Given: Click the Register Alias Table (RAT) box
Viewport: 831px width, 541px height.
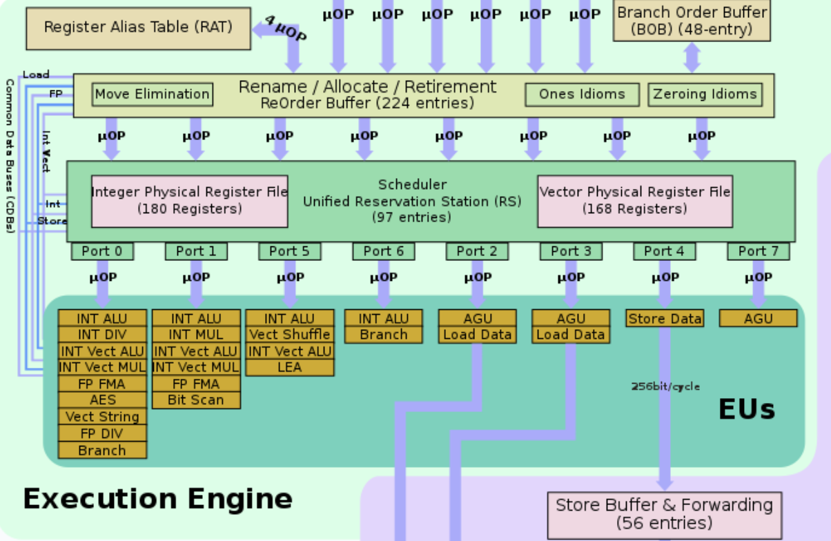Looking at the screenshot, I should pyautogui.click(x=138, y=28).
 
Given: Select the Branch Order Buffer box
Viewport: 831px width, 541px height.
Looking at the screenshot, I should pyautogui.click(x=692, y=21).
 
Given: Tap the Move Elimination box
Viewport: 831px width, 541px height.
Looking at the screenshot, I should pyautogui.click(x=152, y=95).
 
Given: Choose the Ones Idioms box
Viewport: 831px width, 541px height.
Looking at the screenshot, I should pyautogui.click(x=581, y=95).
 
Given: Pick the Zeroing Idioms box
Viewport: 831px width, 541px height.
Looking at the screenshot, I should pyautogui.click(x=705, y=95).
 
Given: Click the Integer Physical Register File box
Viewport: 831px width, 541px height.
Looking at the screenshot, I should pyautogui.click(x=190, y=200).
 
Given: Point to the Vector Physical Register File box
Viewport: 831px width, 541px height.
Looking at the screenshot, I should pyautogui.click(x=635, y=200).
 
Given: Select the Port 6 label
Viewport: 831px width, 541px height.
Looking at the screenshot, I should pyautogui.click(x=383, y=251).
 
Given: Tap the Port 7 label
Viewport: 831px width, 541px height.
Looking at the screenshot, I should pyautogui.click(x=758, y=251).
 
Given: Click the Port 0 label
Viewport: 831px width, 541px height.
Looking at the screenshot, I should pyautogui.click(x=102, y=251).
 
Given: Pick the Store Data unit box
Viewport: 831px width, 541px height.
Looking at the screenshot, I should pyautogui.click(x=665, y=318).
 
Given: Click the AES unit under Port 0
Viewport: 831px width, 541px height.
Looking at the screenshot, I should pyautogui.click(x=102, y=400).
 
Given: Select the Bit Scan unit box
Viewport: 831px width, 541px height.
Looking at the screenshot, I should pyautogui.click(x=196, y=400).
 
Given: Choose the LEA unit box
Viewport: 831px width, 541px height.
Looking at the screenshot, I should pyautogui.click(x=290, y=367).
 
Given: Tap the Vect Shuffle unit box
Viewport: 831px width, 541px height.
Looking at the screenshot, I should pyautogui.click(x=290, y=335).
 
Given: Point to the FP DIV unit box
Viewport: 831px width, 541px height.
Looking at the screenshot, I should pyautogui.click(x=102, y=433).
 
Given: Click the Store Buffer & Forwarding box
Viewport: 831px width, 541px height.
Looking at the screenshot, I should pyautogui.click(x=664, y=513).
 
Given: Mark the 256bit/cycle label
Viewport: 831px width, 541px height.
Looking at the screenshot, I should pyautogui.click(x=665, y=386).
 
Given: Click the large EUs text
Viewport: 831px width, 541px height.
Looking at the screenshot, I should pyautogui.click(x=746, y=410).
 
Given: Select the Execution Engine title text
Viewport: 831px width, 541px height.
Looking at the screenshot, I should pyautogui.click(x=157, y=498).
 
